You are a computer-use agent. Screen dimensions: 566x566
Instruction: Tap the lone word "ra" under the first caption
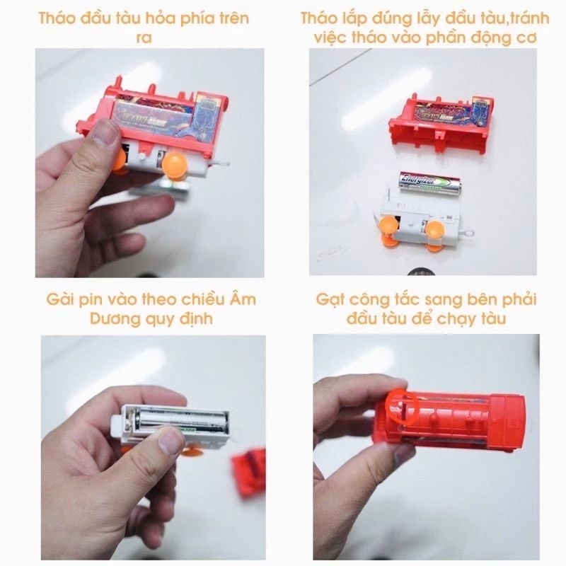click(144, 37)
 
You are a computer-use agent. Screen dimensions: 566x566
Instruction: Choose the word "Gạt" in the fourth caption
click(331, 299)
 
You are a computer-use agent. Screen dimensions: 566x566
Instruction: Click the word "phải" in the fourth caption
click(519, 299)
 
